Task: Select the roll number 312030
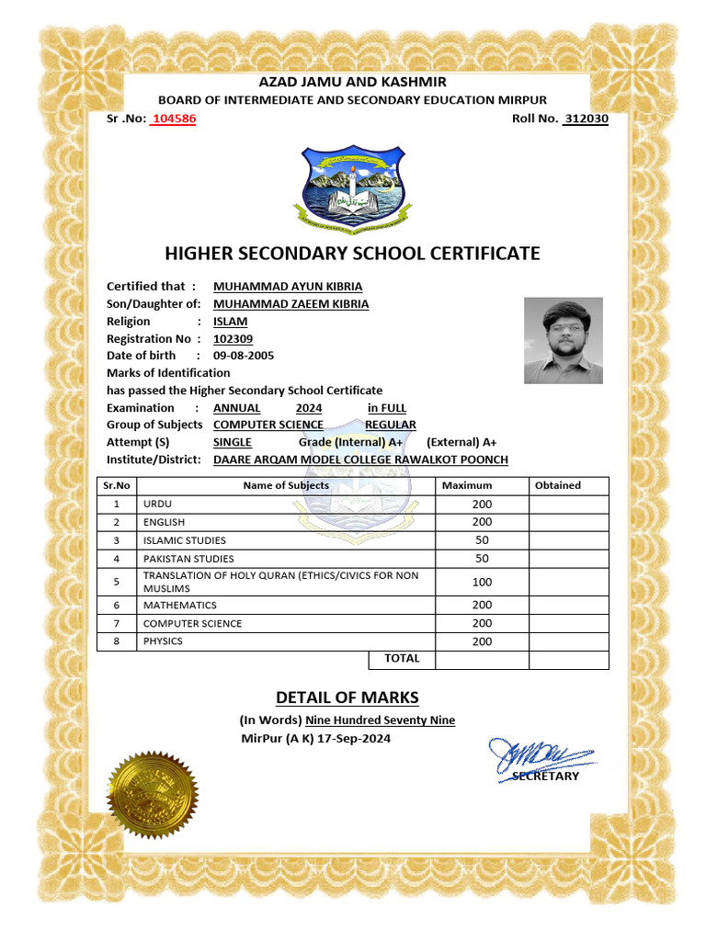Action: pos(586,119)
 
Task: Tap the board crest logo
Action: pos(353,189)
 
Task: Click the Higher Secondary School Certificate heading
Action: pos(352,254)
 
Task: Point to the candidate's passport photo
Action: pos(564,340)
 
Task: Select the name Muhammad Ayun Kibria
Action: pos(288,286)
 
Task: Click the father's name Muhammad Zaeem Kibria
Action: pos(290,303)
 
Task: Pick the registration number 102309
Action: pos(233,338)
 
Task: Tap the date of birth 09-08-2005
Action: pos(244,356)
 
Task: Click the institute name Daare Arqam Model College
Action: pos(360,459)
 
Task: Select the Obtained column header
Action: pos(557,485)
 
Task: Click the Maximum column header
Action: pos(467,485)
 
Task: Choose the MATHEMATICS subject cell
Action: pos(180,606)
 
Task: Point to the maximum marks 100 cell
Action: pos(482,582)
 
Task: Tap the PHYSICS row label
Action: pos(164,641)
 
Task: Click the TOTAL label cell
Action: pos(402,659)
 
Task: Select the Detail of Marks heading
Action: pos(347,697)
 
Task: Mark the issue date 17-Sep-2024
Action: pos(354,739)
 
